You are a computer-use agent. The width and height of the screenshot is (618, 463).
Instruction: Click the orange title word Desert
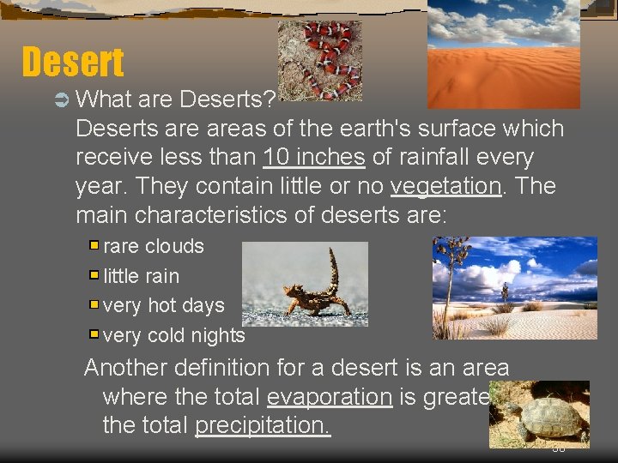click(x=73, y=62)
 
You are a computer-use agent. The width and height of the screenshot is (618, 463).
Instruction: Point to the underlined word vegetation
click(x=445, y=186)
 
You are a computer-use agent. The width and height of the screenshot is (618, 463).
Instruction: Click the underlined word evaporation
click(x=329, y=396)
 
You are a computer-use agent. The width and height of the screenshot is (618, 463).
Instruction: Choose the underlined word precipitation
click(x=263, y=424)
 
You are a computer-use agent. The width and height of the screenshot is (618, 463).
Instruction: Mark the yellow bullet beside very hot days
click(x=94, y=305)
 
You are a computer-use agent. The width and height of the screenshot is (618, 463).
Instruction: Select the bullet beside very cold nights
click(x=94, y=334)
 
